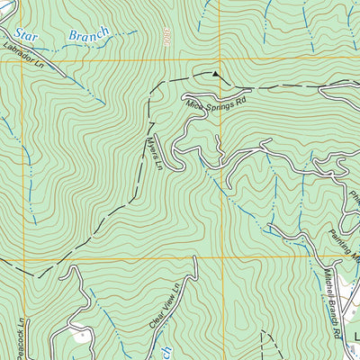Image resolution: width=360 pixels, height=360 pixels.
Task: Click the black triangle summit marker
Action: point(214,73)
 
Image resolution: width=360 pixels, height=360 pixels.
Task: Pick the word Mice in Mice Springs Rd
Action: point(195,111)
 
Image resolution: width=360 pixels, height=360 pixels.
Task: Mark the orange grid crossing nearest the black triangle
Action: point(222,59)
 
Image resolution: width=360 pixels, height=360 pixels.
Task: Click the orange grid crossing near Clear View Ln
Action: point(222,257)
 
